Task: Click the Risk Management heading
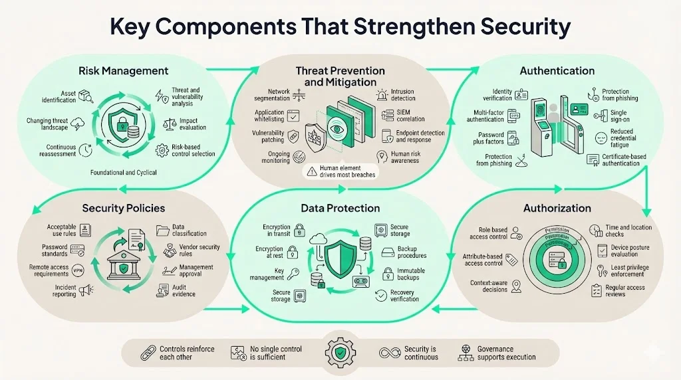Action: (123, 71)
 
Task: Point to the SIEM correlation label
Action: (410, 115)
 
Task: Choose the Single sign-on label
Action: (618, 118)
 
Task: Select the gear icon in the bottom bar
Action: (339, 352)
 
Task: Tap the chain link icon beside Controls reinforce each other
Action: (146, 353)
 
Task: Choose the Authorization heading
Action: (557, 208)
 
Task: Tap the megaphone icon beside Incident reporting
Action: (85, 290)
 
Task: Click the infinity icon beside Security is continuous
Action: (388, 353)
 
